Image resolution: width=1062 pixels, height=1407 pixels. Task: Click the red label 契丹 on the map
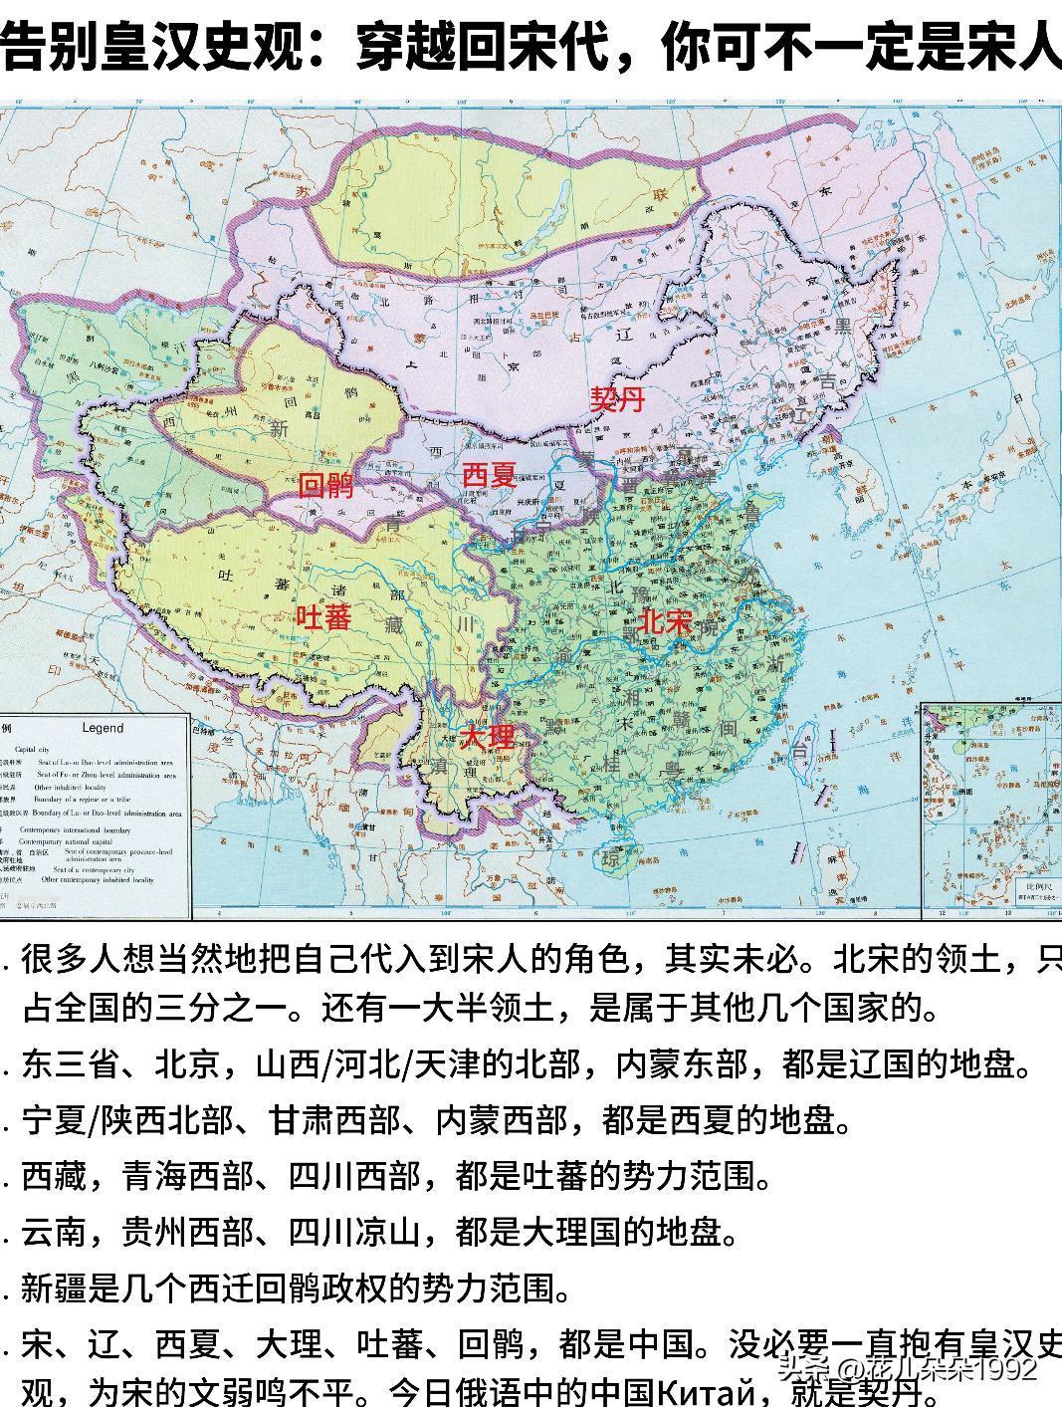[x=617, y=401]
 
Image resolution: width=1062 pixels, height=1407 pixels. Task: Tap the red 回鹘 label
[x=326, y=486]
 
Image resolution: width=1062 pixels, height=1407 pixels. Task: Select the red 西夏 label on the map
[x=489, y=474]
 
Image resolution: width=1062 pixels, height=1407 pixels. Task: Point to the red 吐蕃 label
[x=324, y=617]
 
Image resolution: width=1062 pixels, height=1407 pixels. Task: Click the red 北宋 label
[x=666, y=622]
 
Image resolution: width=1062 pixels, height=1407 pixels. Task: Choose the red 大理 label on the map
[x=488, y=737]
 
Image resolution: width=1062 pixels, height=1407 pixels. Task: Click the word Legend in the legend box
[x=103, y=728]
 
